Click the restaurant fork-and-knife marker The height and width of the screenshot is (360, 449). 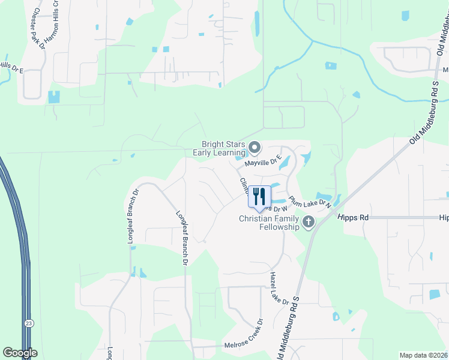pos(259,196)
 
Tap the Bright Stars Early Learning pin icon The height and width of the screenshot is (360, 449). pos(255,147)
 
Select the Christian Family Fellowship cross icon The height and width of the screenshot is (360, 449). pos(309,223)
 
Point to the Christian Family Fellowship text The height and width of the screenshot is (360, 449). pos(269,223)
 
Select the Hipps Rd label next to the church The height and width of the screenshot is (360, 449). pos(352,218)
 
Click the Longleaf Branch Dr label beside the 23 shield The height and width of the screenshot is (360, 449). pos(131,217)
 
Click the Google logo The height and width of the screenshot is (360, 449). pos(20,353)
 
